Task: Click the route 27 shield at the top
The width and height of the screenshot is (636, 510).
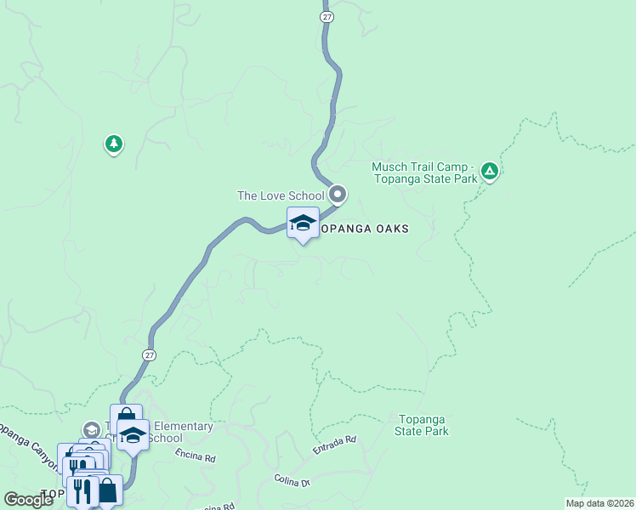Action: [327, 15]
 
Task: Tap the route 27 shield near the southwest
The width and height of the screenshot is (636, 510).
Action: [150, 355]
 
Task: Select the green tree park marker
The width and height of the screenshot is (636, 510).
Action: [113, 144]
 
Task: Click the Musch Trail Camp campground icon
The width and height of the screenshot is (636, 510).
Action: [489, 172]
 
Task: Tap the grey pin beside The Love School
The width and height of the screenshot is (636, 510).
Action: [338, 195]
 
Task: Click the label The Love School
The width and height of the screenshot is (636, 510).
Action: [281, 195]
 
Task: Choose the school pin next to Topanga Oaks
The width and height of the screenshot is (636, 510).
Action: [303, 223]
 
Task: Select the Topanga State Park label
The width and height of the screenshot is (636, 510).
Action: [422, 425]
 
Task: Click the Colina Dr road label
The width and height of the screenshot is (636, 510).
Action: [292, 481]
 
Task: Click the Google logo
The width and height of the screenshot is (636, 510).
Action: [28, 500]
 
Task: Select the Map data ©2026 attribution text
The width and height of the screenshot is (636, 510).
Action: [599, 503]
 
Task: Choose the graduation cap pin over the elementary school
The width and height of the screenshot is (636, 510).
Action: [133, 435]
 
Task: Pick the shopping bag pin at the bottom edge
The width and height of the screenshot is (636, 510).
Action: [107, 490]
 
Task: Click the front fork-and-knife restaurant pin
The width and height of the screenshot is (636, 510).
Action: [83, 490]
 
